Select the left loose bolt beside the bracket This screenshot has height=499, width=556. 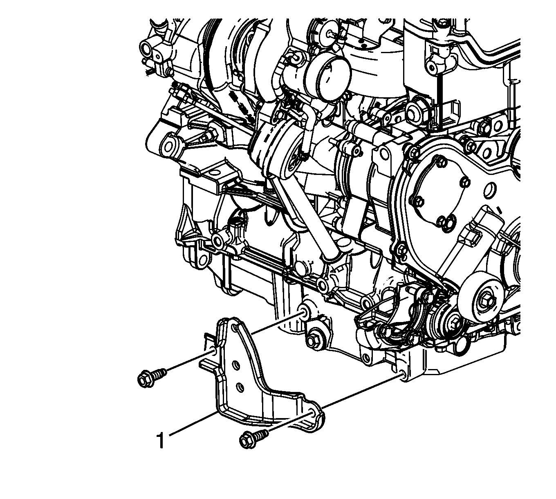pos(152,378)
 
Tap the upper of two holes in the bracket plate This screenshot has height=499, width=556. pos(236,365)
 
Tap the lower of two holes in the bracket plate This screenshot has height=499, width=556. pos(240,387)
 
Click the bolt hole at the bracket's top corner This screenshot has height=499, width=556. pos(235,328)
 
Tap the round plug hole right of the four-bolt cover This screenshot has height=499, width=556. pos(489,190)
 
